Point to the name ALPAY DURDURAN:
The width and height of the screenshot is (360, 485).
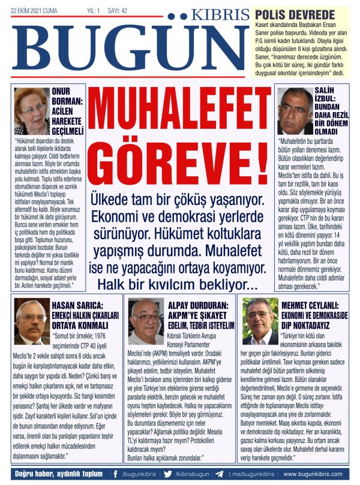coord(198,303)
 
